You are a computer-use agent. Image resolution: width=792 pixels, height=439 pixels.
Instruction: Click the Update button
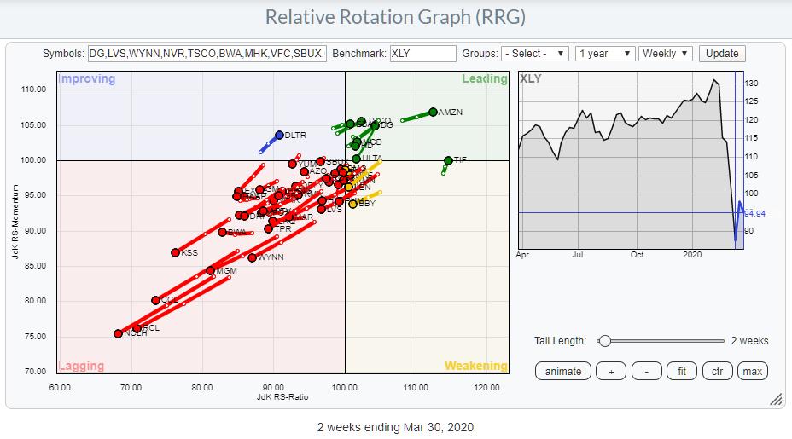click(721, 53)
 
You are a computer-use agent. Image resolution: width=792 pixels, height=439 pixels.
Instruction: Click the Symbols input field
click(207, 54)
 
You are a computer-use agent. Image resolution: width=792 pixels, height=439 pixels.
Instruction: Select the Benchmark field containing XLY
click(422, 54)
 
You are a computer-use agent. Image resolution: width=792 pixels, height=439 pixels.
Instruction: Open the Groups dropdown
click(534, 54)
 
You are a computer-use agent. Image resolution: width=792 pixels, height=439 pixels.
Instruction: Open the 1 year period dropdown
click(605, 54)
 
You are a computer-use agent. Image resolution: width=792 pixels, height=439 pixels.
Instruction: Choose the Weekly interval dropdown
click(665, 54)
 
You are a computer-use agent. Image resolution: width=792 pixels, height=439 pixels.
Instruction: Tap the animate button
click(562, 371)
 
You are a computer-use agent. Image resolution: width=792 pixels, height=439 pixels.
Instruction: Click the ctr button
click(716, 371)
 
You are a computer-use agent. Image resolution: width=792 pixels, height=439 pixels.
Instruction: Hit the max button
click(752, 371)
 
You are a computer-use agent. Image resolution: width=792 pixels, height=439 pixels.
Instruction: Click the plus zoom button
click(610, 371)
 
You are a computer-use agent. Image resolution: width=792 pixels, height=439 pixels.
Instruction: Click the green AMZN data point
click(434, 112)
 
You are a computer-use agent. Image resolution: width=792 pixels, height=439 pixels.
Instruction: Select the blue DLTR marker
click(279, 135)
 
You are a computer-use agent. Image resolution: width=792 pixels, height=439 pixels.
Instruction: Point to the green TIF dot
click(449, 160)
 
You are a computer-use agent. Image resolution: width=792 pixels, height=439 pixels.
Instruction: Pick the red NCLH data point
click(118, 333)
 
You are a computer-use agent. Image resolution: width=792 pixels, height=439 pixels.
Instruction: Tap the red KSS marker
click(175, 252)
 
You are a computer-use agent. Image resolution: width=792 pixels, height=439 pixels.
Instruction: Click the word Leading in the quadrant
click(484, 79)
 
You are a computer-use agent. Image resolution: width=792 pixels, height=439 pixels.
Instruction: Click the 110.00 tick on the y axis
click(33, 90)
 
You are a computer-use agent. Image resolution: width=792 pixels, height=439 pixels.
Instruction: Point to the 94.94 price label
click(755, 212)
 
